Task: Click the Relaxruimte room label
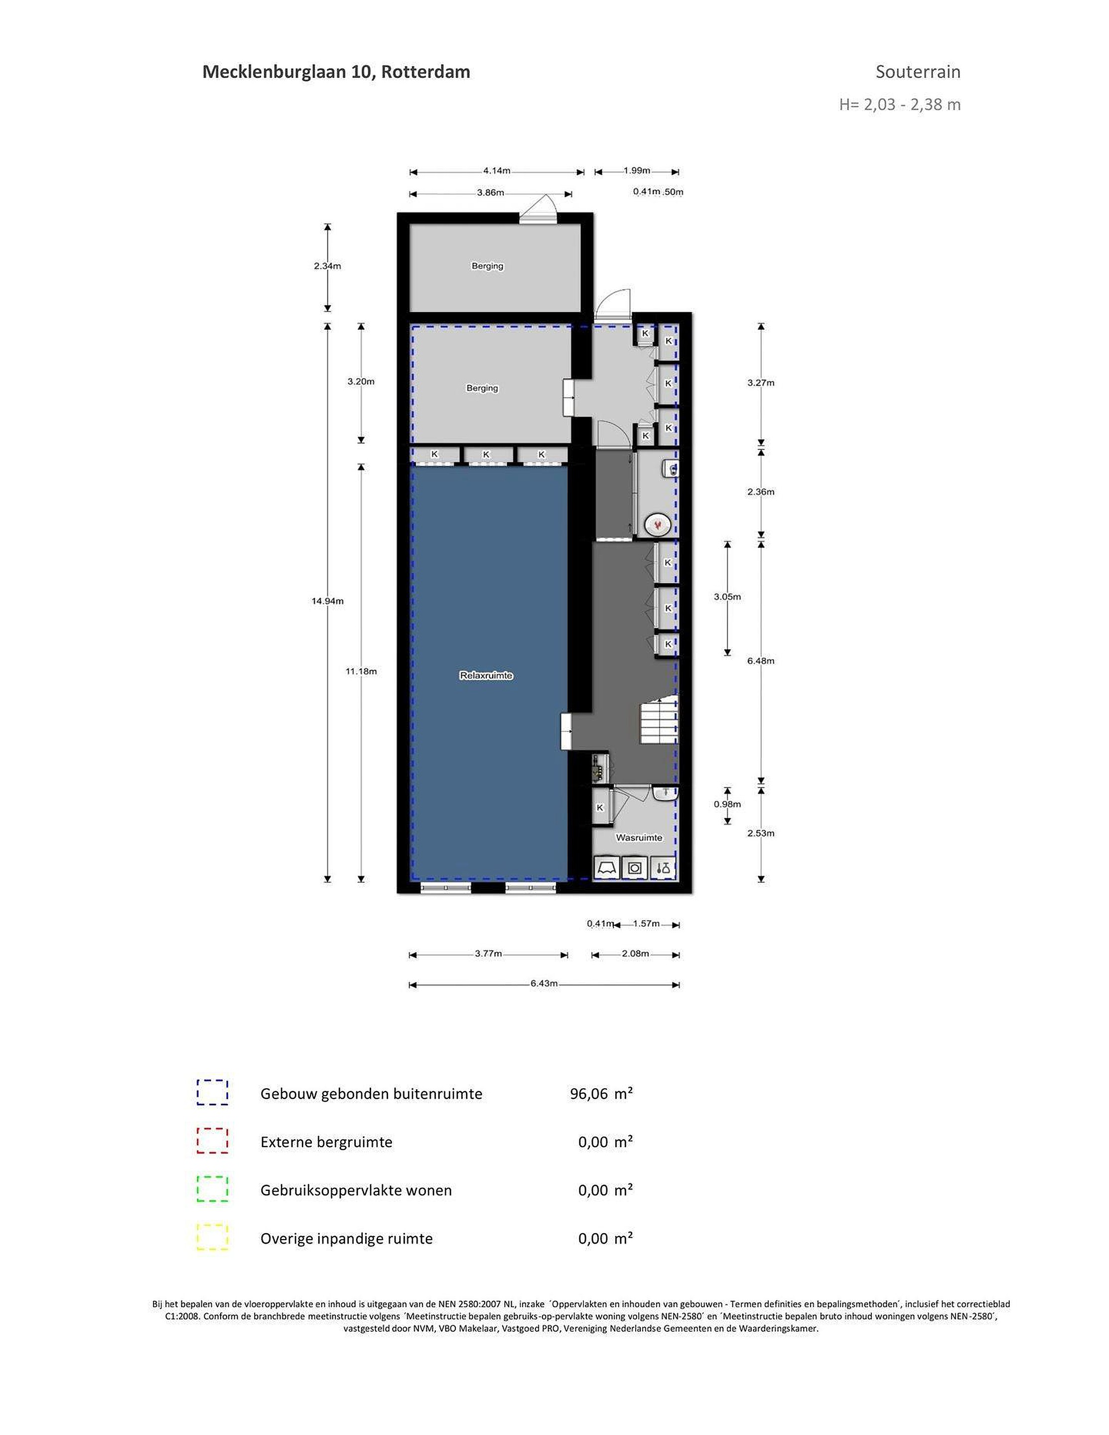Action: tap(486, 676)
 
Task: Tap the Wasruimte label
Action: tap(639, 838)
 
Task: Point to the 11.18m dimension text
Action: tap(361, 671)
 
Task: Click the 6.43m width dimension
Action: tap(544, 984)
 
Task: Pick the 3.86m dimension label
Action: tap(490, 192)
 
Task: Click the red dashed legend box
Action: tap(212, 1142)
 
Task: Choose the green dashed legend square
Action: tap(212, 1189)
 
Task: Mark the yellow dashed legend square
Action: tap(212, 1237)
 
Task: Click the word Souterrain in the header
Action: tap(918, 72)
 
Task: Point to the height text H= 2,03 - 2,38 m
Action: tap(899, 104)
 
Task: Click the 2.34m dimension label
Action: tap(327, 266)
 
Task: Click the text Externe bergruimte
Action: tap(326, 1142)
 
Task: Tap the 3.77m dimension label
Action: tap(488, 953)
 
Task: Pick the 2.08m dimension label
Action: tap(635, 953)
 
